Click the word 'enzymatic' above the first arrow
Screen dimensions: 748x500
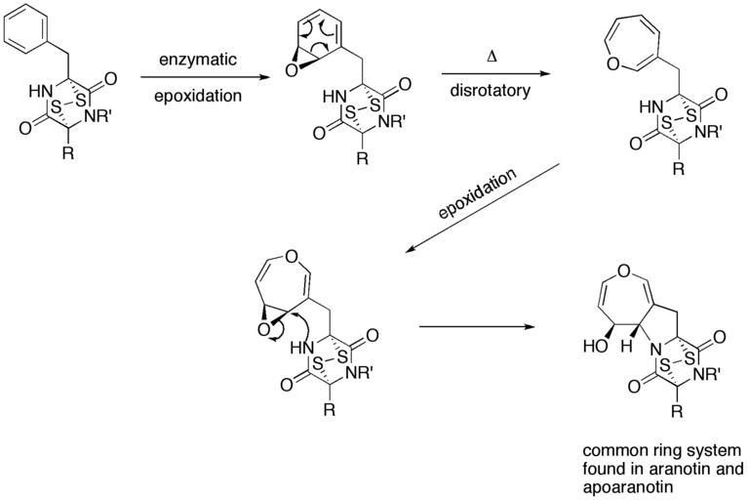(198, 60)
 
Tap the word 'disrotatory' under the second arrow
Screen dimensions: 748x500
(490, 90)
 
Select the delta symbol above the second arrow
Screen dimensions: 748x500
(491, 59)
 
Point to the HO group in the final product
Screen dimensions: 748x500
(595, 346)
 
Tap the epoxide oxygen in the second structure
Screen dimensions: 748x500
(291, 70)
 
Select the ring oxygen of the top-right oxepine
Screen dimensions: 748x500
(614, 62)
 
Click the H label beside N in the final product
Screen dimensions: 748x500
(627, 346)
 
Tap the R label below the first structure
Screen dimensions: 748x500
(68, 153)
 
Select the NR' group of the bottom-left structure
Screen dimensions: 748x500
(362, 373)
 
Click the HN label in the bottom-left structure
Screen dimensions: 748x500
(302, 348)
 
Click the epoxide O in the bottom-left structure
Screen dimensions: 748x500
(262, 329)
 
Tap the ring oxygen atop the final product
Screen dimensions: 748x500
(624, 271)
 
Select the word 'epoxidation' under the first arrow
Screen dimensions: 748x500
(198, 96)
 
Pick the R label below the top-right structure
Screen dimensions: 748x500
(678, 169)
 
